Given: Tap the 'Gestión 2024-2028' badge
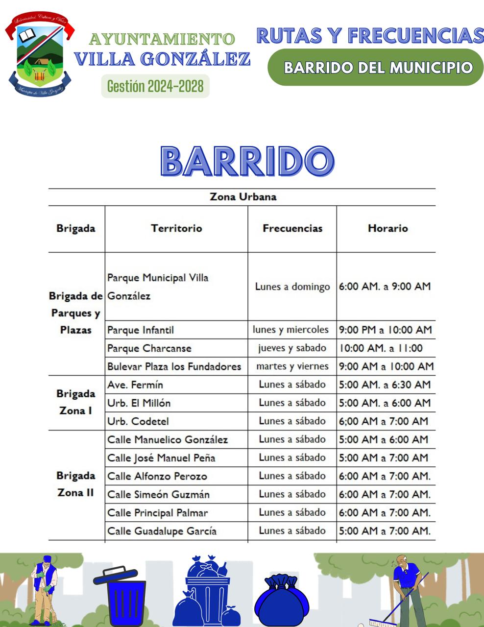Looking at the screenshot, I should [155, 86].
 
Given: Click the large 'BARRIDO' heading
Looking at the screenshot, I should [247, 162].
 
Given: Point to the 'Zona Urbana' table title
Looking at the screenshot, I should [243, 197].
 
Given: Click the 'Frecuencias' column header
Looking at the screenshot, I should [292, 228].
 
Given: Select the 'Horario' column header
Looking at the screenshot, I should [387, 228].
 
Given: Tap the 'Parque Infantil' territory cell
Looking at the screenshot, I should [141, 330].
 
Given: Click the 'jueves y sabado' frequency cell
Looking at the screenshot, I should [292, 348].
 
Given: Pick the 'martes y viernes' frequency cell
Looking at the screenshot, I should [292, 366].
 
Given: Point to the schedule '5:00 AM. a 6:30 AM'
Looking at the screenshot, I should [385, 385].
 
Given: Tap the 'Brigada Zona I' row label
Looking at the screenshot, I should [76, 402].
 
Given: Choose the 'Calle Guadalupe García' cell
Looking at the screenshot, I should [162, 531].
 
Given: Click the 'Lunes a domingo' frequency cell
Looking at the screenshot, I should [292, 287].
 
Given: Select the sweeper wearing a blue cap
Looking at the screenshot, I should [44, 590].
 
